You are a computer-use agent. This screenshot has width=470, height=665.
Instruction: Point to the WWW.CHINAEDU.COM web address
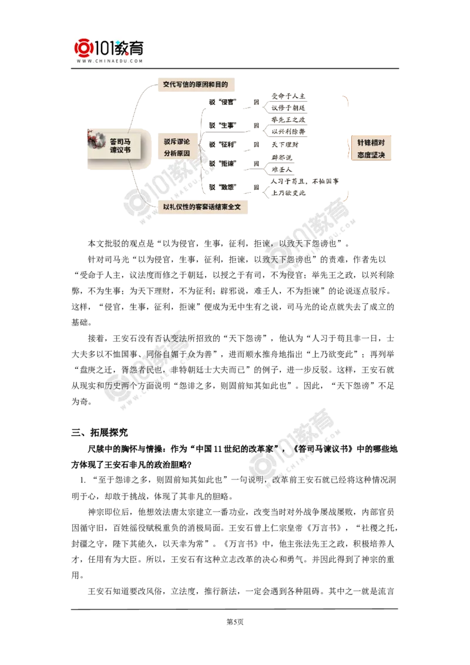tap(109, 61)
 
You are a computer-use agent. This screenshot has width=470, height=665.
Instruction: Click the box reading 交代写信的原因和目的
tap(194, 85)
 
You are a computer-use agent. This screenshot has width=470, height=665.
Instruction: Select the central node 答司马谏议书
tap(120, 146)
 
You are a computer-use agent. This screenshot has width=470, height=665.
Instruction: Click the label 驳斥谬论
tap(176, 142)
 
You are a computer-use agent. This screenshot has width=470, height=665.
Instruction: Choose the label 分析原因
tap(176, 153)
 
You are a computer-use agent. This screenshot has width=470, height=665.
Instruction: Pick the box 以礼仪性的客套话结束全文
tap(202, 207)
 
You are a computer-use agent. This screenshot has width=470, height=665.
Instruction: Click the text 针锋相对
tap(371, 142)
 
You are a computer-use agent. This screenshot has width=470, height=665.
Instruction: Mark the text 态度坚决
tap(371, 155)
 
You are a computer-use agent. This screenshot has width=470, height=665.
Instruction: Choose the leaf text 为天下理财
tap(286, 144)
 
